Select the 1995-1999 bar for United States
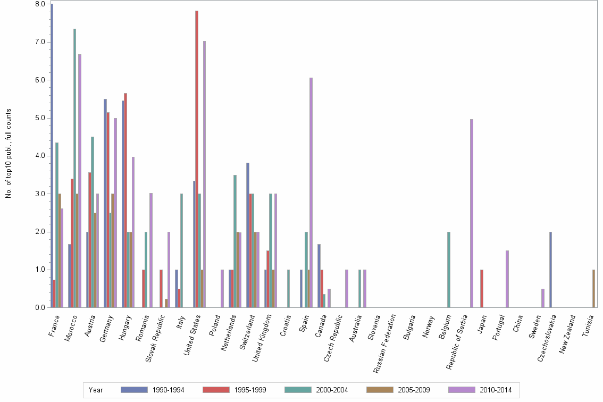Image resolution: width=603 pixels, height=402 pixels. click(197, 159)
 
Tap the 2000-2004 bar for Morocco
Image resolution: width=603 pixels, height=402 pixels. click(74, 168)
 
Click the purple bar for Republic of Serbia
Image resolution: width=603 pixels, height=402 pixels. click(472, 213)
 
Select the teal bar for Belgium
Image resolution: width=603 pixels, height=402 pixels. click(449, 270)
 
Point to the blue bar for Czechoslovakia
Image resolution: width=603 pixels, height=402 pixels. click(550, 270)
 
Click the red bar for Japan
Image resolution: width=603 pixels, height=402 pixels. click(482, 289)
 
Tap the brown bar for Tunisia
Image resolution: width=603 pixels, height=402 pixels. click(593, 289)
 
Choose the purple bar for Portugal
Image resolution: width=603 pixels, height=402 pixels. click(507, 279)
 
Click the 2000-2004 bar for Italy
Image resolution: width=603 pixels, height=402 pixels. click(181, 250)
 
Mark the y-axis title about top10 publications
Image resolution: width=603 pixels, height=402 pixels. click(9, 153)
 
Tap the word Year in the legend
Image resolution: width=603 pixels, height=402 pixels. click(96, 390)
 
